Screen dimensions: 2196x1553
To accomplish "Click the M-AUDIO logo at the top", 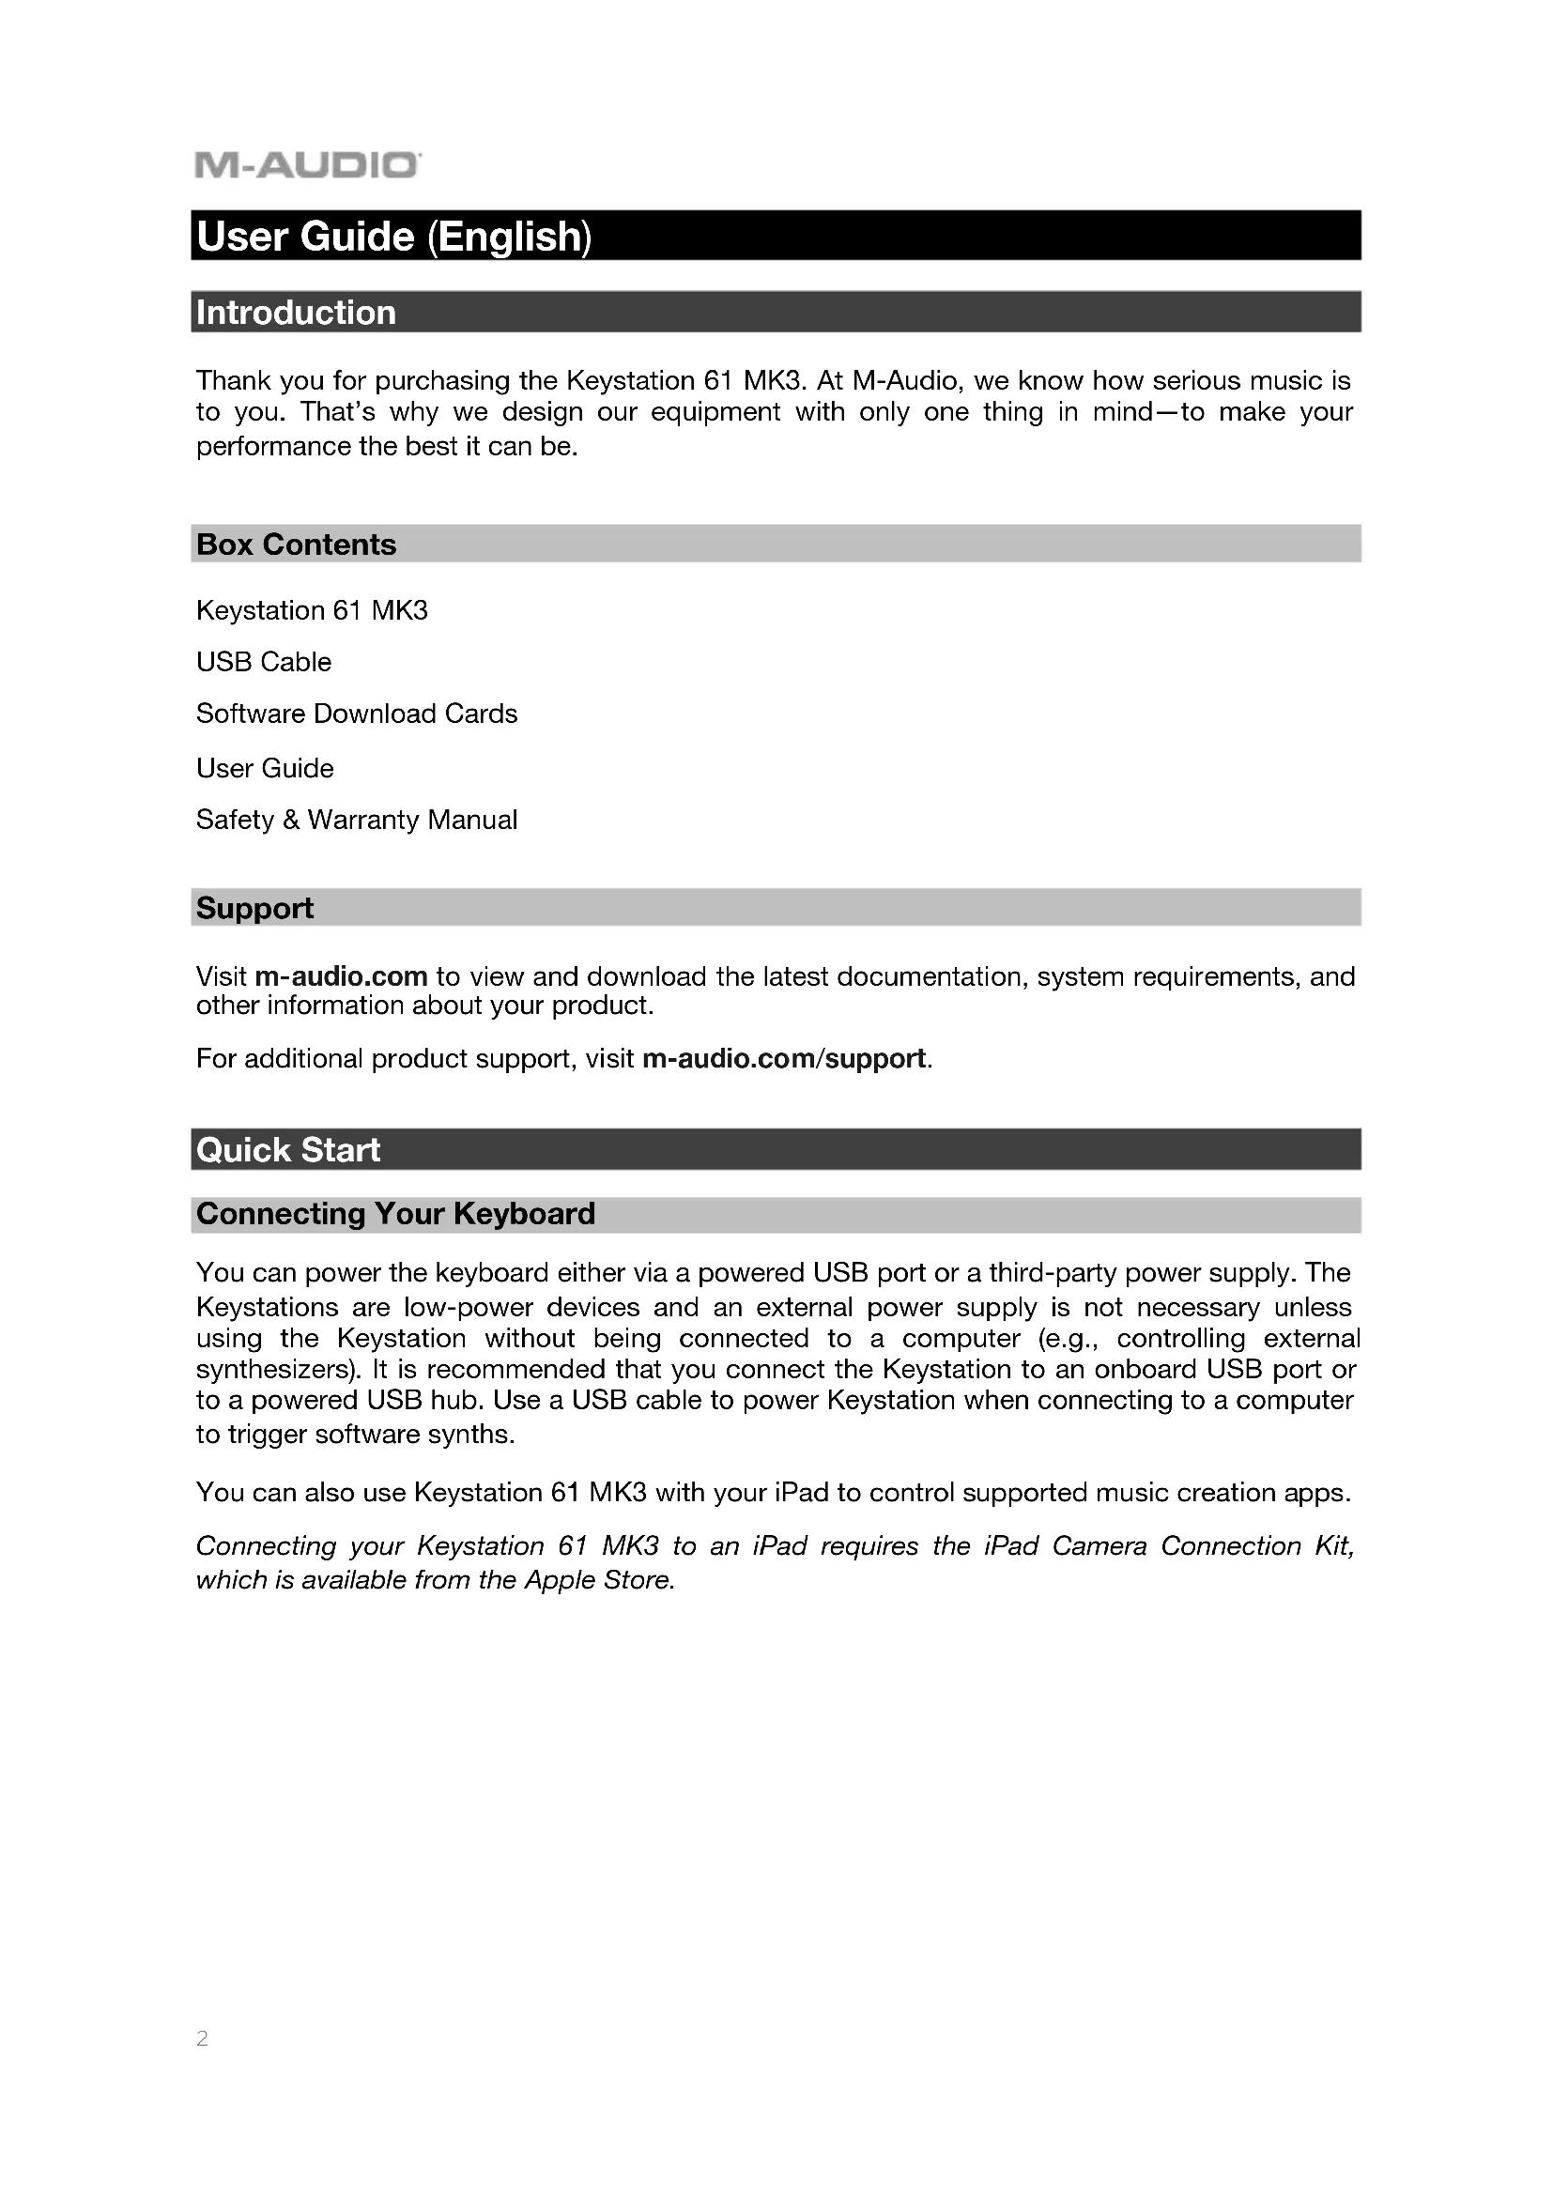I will pyautogui.click(x=307, y=165).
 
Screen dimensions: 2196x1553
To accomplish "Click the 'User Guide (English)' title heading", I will pyautogui.click(x=394, y=237).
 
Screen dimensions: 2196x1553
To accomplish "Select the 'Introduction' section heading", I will pyautogui.click(x=296, y=313).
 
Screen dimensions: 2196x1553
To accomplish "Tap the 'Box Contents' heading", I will pyautogui.click(x=296, y=545).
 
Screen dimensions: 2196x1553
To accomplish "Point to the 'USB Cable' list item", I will pyautogui.click(x=264, y=662).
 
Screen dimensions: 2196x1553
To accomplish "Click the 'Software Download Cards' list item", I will pyautogui.click(x=357, y=714).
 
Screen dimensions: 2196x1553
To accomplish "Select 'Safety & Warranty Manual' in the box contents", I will pyautogui.click(x=357, y=820).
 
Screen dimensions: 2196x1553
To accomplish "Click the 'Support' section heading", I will pyautogui.click(x=254, y=908).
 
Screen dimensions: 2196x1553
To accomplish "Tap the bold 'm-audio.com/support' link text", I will pyautogui.click(x=784, y=1058).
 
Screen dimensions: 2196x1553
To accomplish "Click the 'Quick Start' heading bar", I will pyautogui.click(x=288, y=1150).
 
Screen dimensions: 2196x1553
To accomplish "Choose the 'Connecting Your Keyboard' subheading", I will pyautogui.click(x=395, y=1214).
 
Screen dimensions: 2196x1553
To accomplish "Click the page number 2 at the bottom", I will pyautogui.click(x=202, y=2038).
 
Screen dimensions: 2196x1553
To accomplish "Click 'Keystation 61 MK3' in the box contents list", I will pyautogui.click(x=312, y=610).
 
